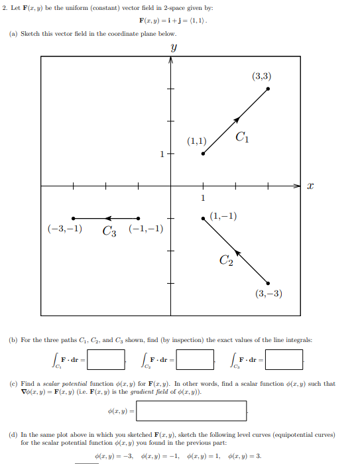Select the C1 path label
[x=242, y=138]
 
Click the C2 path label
[x=226, y=261]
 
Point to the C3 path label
[x=110, y=231]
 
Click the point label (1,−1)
[x=223, y=215]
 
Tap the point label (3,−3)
[x=269, y=294]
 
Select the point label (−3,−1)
[x=64, y=229]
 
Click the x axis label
[x=310, y=187]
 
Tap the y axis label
[x=173, y=48]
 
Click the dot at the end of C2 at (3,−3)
[x=269, y=283]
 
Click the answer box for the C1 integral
[x=106, y=360]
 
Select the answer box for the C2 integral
[x=195, y=360]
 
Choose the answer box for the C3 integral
[x=284, y=360]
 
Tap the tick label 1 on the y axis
[x=161, y=154]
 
